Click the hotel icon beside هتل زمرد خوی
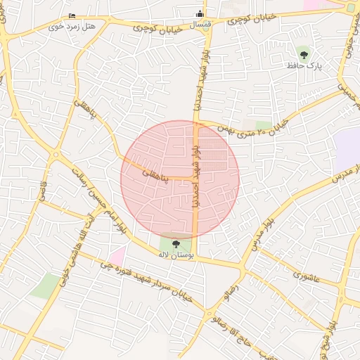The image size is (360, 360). [73, 16]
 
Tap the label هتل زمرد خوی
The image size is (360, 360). [72, 26]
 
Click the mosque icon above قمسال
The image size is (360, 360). [200, 13]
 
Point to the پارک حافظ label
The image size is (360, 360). [304, 65]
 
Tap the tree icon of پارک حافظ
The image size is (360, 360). [304, 53]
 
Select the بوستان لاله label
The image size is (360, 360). [176, 254]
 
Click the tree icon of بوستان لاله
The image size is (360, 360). [176, 243]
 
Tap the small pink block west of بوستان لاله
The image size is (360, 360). [117, 257]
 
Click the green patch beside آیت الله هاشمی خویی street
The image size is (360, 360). [46, 285]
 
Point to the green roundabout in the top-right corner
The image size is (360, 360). [351, 7]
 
